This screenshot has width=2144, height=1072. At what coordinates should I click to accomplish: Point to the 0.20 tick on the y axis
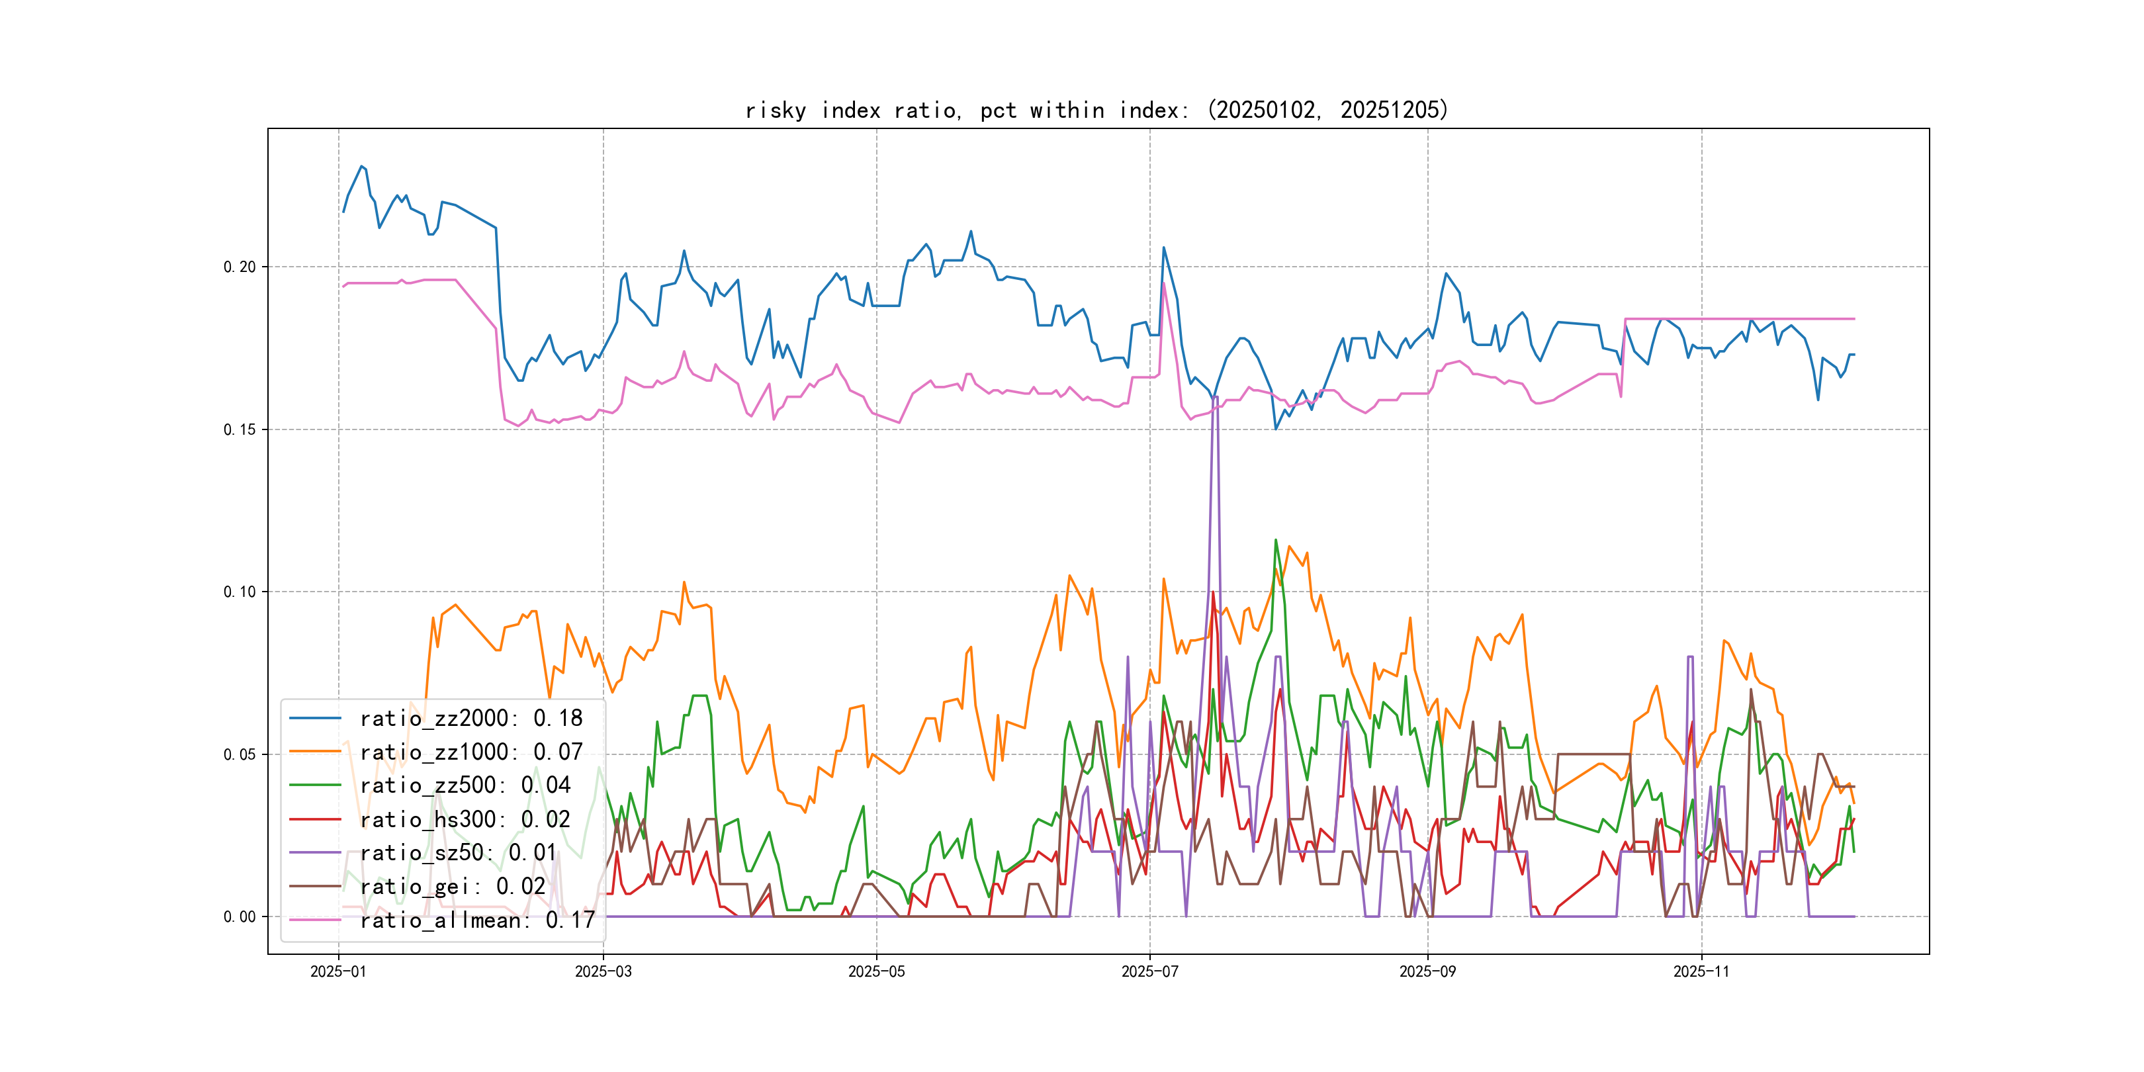240,267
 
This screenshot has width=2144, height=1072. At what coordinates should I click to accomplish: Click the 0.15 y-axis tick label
240,429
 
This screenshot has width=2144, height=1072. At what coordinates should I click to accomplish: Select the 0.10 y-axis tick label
240,592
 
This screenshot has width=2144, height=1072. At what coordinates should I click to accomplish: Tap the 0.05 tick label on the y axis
240,755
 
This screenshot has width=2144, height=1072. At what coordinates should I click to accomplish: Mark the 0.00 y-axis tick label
240,917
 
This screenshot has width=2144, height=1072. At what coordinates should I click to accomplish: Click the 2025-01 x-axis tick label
338,972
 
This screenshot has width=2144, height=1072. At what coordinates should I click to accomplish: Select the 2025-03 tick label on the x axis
603,972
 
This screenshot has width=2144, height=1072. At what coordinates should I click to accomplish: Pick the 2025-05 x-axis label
876,972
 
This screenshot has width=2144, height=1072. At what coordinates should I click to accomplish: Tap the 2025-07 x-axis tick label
1149,972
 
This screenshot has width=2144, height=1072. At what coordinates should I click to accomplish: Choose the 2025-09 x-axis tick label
1427,972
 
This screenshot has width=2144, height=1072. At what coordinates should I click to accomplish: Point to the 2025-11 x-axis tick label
1701,972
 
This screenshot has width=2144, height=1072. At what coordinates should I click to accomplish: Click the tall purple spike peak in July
1216,398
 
